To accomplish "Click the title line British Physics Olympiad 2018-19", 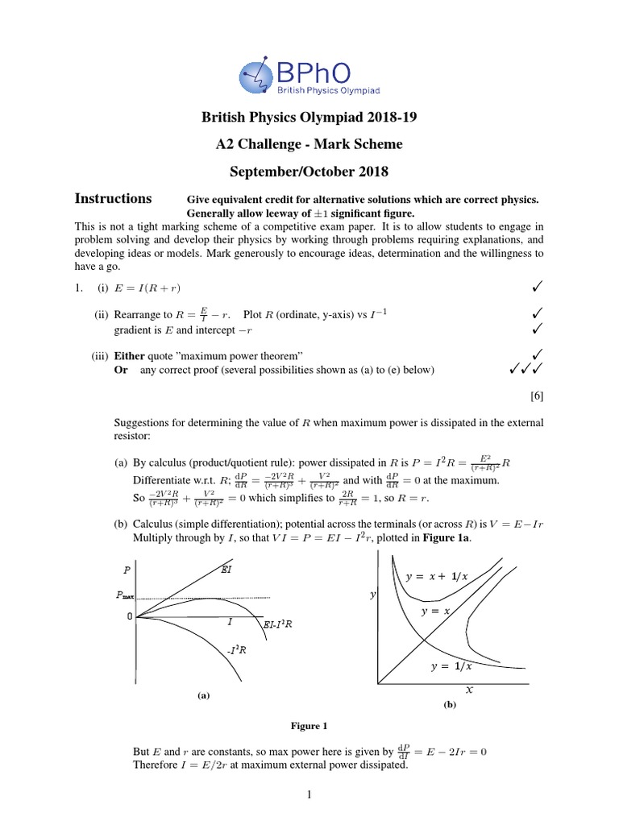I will (309, 118).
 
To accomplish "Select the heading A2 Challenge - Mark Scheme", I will (309, 145).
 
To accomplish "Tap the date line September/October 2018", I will (309, 171).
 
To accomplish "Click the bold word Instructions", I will (113, 198).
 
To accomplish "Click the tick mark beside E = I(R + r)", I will (536, 286).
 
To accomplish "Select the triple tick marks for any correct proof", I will (524, 370).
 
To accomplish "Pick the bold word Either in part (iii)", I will (129, 355).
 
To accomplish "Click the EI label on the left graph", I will (227, 570).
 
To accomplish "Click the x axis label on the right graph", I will (468, 691).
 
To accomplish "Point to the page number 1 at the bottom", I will (309, 796).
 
